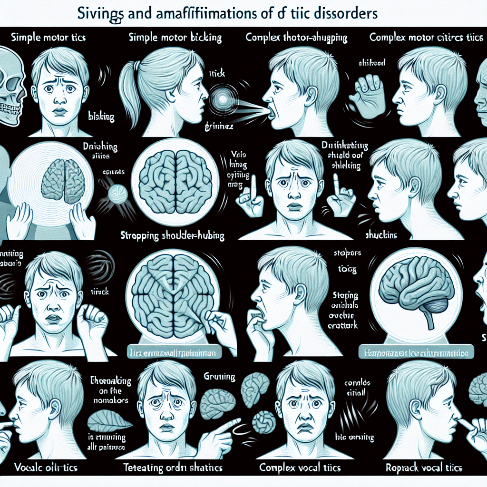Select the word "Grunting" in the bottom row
click(219, 377)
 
